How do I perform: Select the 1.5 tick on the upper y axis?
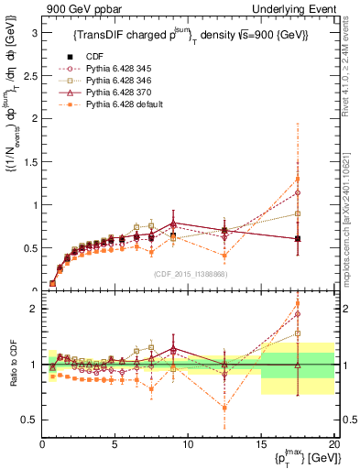(x=29, y=161)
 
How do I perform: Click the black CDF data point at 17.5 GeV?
(x=297, y=239)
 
